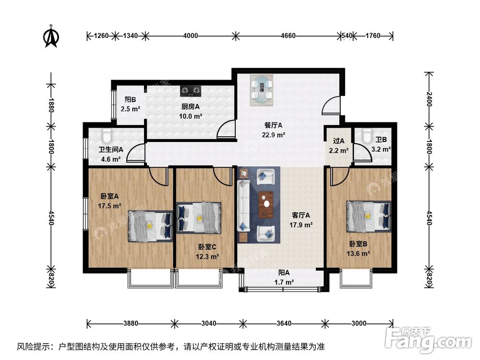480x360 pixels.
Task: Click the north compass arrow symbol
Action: [x=51, y=37]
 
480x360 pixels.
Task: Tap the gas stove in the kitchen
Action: [x=191, y=90]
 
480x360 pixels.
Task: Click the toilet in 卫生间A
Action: [x=107, y=135]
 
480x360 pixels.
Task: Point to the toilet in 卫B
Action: [x=368, y=136]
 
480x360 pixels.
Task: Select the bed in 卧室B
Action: [x=369, y=216]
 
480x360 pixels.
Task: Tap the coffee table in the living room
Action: [x=265, y=204]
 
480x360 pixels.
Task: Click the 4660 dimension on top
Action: [x=288, y=36]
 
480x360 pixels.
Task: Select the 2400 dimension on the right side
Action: [x=429, y=99]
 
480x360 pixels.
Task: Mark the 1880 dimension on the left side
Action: [x=51, y=104]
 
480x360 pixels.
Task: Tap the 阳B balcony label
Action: [x=130, y=100]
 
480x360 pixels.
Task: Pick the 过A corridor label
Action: [x=339, y=141]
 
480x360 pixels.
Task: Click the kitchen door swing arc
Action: [x=226, y=127]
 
